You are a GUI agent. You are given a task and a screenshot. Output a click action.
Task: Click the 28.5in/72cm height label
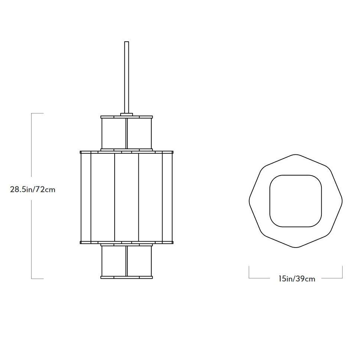33,189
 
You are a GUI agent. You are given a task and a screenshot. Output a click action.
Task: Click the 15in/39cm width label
297,278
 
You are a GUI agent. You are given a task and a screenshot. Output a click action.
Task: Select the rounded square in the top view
295,200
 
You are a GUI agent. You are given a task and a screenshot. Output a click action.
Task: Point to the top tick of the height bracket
37,113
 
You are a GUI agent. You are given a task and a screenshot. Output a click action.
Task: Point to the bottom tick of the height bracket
37,278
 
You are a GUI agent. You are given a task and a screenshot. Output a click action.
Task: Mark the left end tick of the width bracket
249,272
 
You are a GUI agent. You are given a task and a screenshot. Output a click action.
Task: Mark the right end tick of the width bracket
342,272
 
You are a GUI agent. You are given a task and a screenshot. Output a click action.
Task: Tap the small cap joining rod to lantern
127,114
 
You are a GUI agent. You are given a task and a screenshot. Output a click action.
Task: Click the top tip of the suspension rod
127,42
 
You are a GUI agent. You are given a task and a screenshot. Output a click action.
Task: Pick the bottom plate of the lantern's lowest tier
127,277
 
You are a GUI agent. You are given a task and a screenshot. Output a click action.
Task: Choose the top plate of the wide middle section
127,152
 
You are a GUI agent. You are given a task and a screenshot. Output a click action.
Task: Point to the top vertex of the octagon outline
295,154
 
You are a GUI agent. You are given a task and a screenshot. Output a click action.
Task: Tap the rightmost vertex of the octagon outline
342,201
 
